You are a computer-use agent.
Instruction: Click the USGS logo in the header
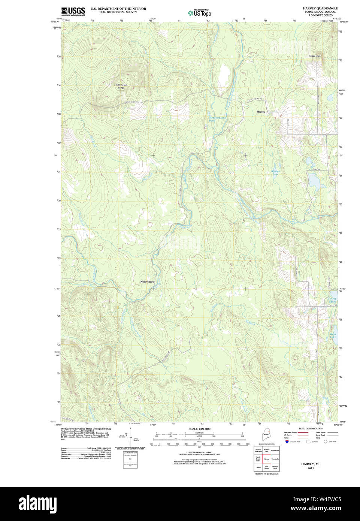point(73,11)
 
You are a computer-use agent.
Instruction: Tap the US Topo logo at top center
point(199,13)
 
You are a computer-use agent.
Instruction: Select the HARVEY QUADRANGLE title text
point(320,8)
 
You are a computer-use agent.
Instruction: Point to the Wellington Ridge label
point(121,87)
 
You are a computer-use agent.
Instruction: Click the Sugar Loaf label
point(315,56)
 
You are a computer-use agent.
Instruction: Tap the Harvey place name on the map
point(261,112)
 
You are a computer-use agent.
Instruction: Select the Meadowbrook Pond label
point(217,119)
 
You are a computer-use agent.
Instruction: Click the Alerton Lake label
point(275,173)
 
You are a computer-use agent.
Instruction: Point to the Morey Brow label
point(147,281)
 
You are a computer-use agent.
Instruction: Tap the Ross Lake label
point(333,335)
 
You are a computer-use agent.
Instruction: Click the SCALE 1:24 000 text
point(199,429)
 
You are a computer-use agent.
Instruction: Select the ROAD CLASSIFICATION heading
point(311,428)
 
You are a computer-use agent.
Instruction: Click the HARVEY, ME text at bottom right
point(311,464)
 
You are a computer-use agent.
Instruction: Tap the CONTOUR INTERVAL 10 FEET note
point(199,452)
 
